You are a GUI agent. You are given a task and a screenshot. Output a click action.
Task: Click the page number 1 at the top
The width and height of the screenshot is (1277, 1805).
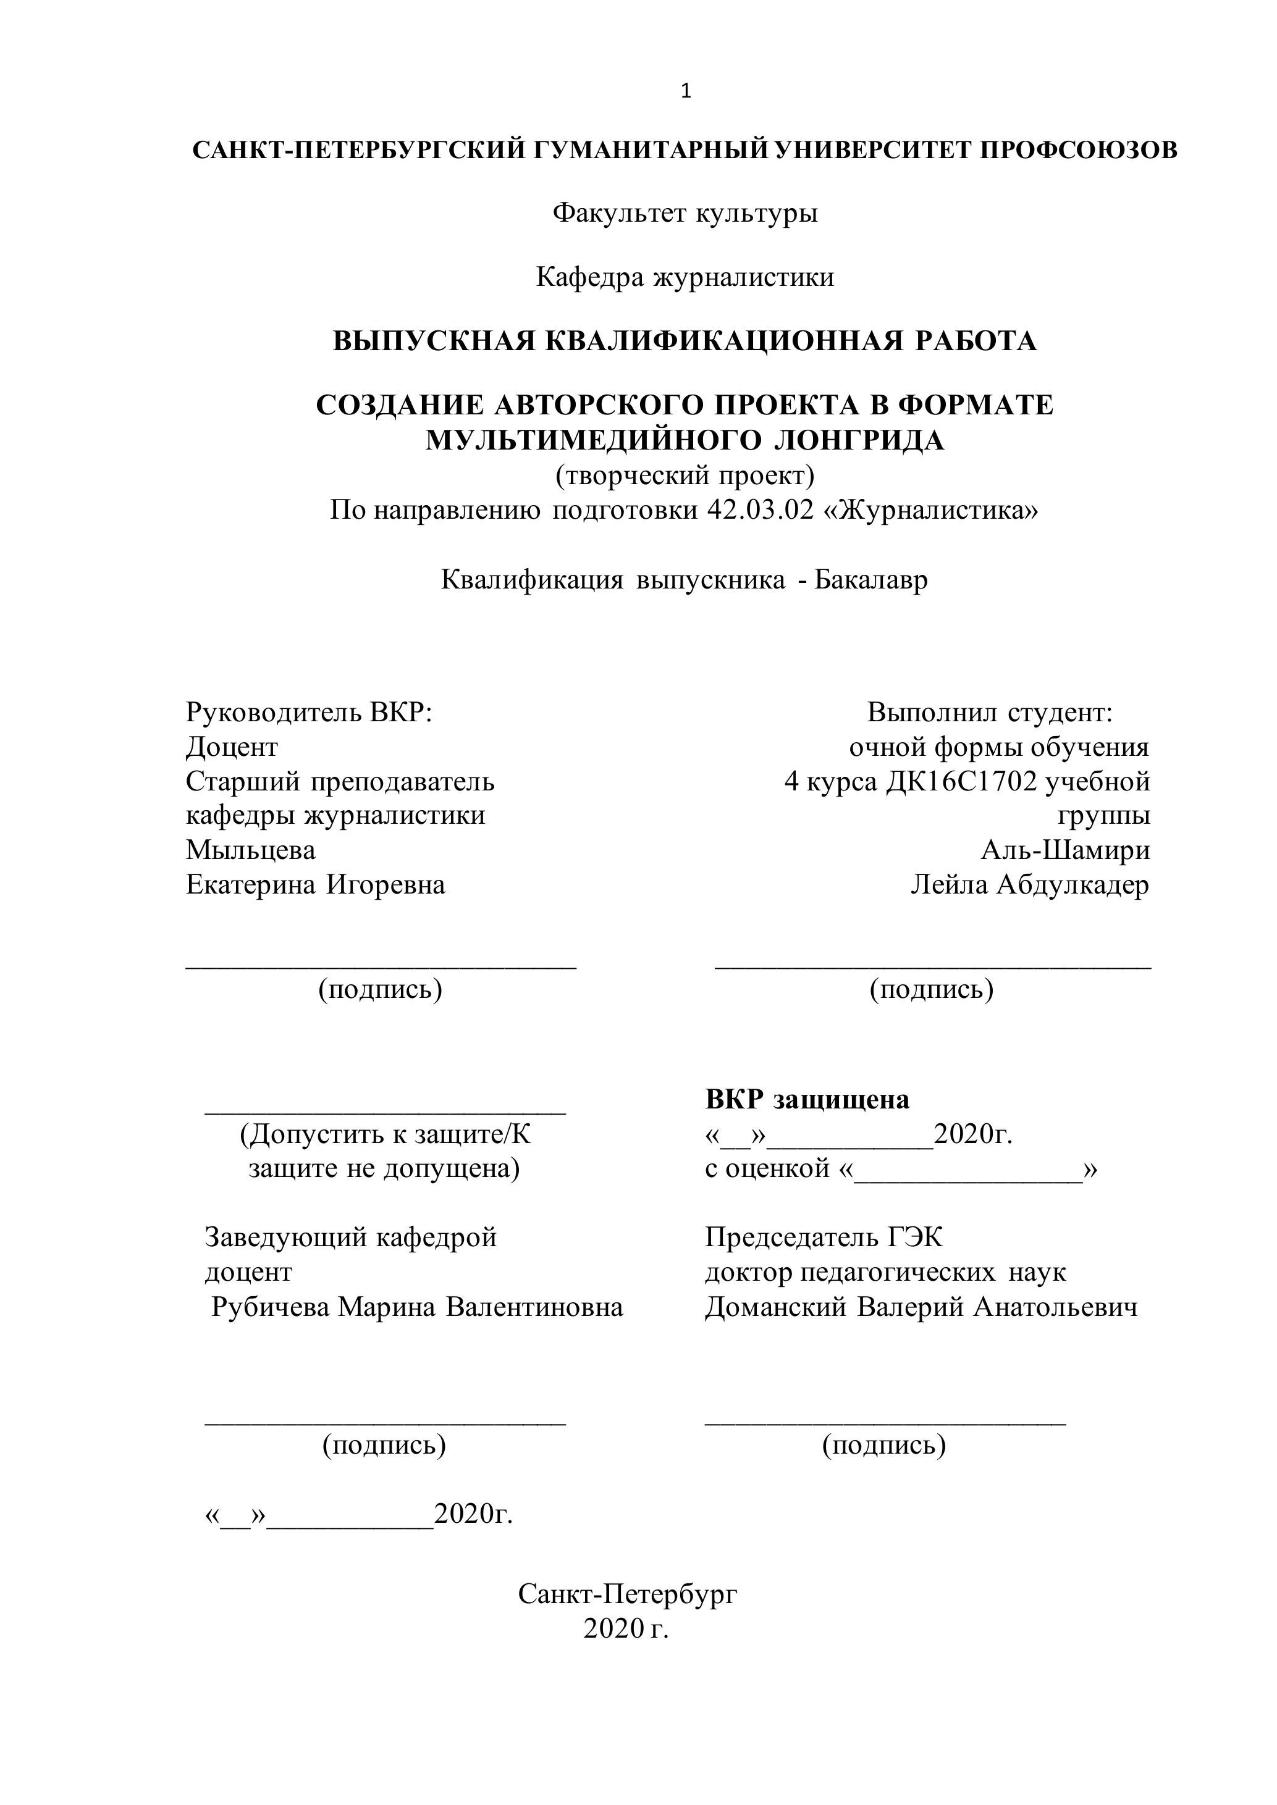(686, 92)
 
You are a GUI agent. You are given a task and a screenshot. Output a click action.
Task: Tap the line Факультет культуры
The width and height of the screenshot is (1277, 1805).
(685, 212)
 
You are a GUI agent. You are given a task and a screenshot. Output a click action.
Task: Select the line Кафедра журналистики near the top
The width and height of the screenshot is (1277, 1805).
(685, 277)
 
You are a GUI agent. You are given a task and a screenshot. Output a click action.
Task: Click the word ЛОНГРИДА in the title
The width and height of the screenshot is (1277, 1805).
(859, 440)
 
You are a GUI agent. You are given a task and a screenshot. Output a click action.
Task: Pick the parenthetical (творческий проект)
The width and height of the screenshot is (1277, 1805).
(685, 475)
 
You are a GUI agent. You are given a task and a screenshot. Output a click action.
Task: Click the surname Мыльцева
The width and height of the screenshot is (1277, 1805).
(251, 850)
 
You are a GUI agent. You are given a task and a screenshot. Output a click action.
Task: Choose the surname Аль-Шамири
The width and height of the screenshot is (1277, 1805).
(1066, 850)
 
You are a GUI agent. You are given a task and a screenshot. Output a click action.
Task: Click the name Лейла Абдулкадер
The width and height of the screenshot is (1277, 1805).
(1030, 884)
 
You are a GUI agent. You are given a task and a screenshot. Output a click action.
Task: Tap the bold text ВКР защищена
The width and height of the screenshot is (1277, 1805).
(807, 1099)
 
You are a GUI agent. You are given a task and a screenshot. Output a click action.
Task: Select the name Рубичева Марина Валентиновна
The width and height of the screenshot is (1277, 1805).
(418, 1307)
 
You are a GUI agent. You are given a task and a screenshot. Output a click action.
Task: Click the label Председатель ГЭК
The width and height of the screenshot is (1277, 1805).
(824, 1238)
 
